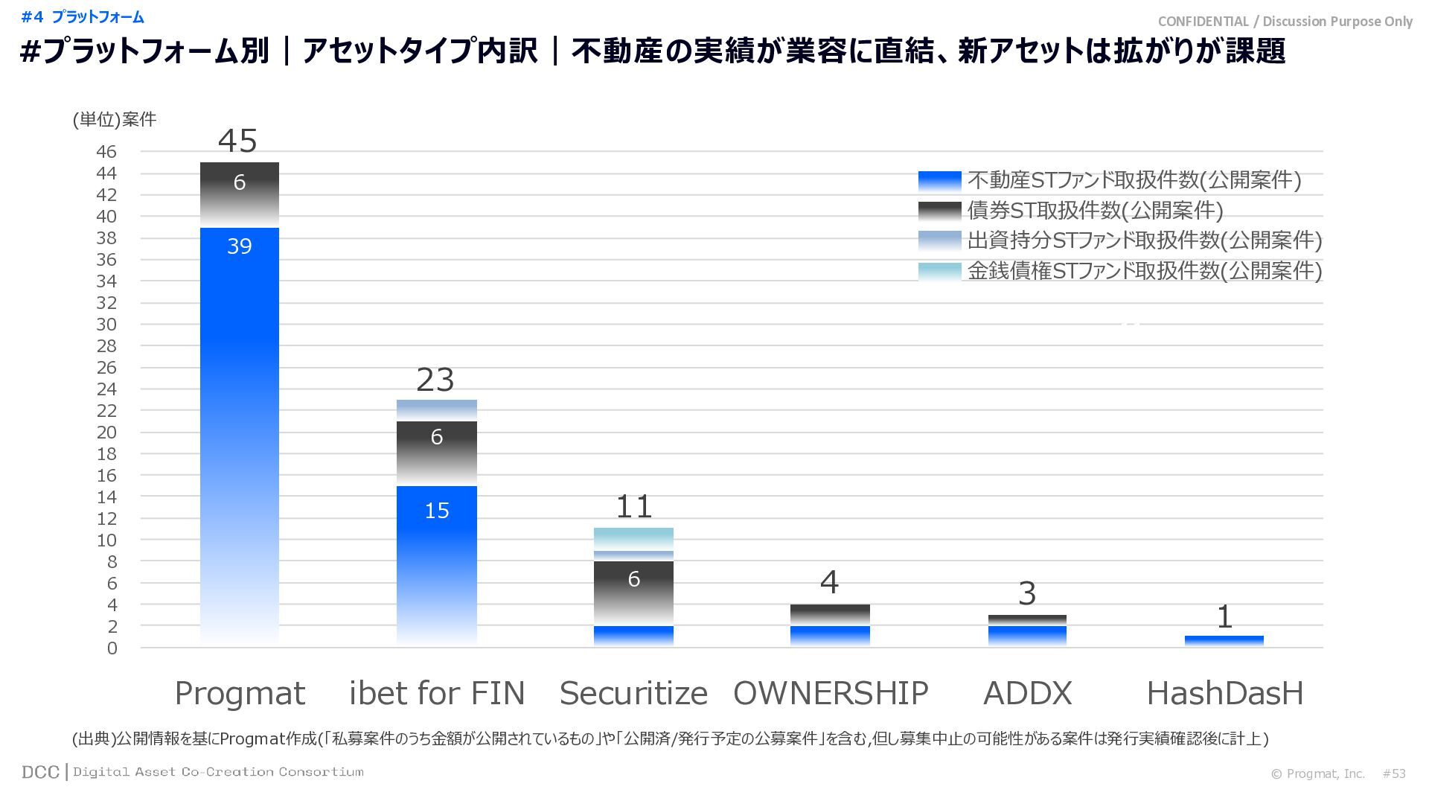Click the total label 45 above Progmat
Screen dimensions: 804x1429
[238, 141]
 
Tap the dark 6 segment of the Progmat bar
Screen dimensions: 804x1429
[240, 194]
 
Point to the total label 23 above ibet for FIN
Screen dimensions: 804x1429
[435, 380]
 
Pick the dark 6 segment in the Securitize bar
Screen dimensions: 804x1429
[633, 593]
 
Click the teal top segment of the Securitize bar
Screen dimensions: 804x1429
[633, 539]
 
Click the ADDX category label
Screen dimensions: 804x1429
[1027, 694]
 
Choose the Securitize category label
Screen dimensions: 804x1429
[633, 694]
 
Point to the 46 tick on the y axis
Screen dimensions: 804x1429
[106, 152]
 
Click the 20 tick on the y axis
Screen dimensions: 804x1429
[106, 433]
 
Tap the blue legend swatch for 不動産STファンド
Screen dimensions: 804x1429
[939, 181]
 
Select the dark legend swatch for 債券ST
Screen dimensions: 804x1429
[939, 211]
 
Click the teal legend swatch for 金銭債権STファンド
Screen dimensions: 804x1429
[939, 271]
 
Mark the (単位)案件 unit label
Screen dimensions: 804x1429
[115, 120]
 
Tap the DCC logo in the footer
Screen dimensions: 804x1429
[40, 772]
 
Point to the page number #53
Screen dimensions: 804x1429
[1394, 773]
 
